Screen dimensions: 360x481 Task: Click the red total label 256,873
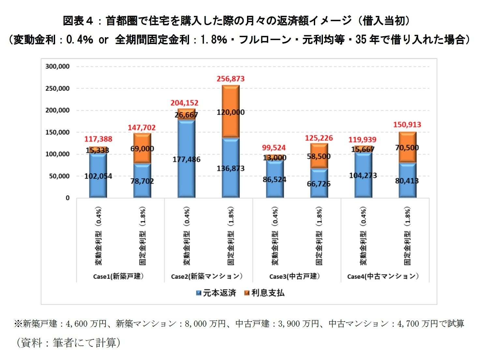click(230, 79)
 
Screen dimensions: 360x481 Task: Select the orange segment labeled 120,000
click(231, 112)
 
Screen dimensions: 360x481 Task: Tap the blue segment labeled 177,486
click(186, 159)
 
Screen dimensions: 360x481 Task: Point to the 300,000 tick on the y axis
click(57, 67)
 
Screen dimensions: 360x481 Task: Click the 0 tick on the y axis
click(67, 198)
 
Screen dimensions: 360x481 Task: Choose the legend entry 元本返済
click(216, 293)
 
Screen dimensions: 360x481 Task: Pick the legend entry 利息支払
click(264, 293)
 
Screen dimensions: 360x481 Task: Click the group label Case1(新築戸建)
click(118, 277)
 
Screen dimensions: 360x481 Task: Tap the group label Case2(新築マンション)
click(207, 277)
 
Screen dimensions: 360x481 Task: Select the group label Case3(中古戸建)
click(295, 277)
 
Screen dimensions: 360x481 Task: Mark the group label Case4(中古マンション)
click(383, 277)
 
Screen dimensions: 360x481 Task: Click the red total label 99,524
click(274, 148)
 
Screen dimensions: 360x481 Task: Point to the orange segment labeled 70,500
click(407, 148)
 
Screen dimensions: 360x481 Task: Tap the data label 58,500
click(319, 157)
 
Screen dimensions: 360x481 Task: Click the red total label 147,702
click(142, 128)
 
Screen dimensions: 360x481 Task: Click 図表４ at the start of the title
click(78, 21)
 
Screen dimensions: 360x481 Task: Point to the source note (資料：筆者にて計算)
click(68, 343)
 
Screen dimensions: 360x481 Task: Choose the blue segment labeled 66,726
click(319, 184)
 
